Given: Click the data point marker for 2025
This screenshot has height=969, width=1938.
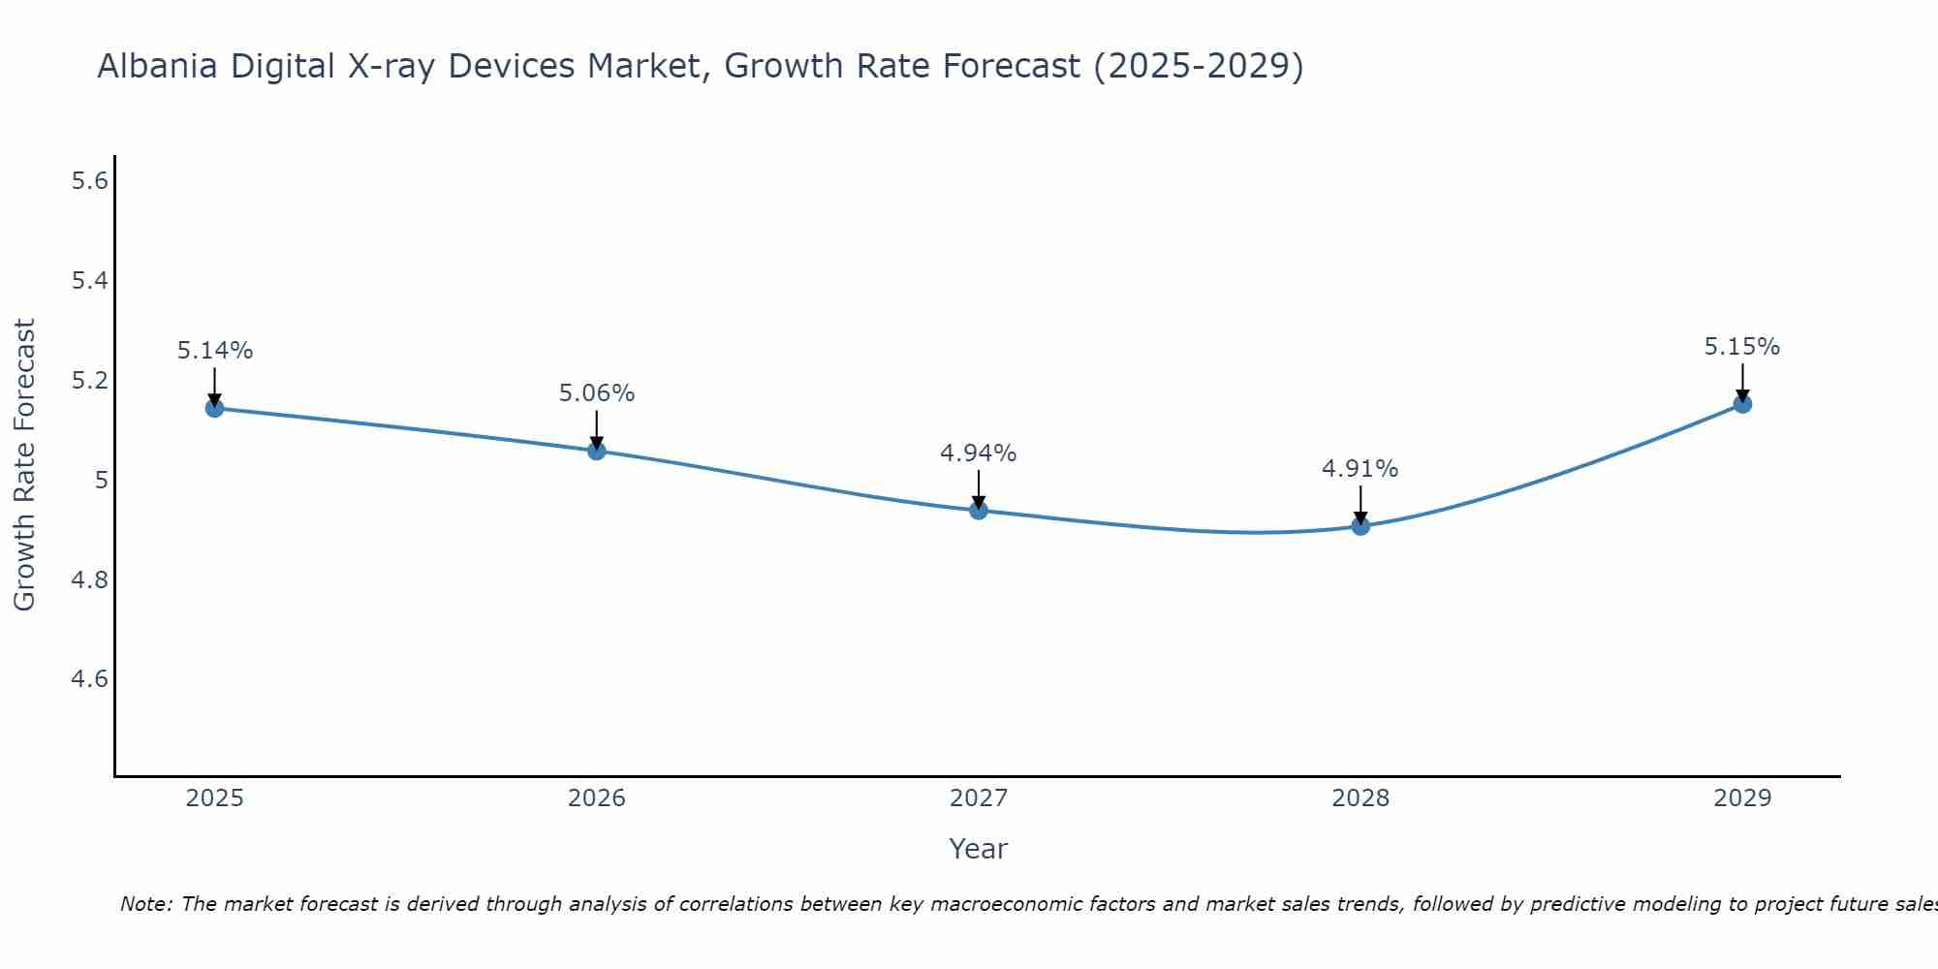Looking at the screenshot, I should tap(214, 408).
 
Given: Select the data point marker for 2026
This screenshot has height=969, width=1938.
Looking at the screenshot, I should tap(596, 451).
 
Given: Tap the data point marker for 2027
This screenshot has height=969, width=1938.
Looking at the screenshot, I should tap(979, 510).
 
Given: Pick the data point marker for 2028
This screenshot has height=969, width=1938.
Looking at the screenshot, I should tap(1360, 526).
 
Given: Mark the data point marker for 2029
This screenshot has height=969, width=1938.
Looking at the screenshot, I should tap(1742, 404).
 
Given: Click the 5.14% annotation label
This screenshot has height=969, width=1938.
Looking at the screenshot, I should tap(214, 351).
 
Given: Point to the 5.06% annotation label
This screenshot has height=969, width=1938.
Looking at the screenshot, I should tap(596, 393).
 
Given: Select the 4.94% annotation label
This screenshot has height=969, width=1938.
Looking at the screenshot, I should tap(979, 453).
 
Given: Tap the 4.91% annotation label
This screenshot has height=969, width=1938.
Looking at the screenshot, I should tap(1360, 469).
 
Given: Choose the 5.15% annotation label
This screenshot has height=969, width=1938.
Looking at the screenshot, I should tap(1742, 347).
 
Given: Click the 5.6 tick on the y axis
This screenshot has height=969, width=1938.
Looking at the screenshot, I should tap(89, 181).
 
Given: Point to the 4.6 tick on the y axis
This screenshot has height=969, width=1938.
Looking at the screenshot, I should tap(89, 678).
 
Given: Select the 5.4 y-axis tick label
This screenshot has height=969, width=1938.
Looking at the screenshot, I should tap(89, 281).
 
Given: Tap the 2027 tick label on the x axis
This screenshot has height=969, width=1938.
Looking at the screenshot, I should tap(979, 798).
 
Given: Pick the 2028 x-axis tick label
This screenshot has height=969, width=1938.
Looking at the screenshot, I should tap(1360, 798).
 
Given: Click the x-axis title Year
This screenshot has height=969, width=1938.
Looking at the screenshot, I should tap(979, 849).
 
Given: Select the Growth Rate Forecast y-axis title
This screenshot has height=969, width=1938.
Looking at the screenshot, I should tap(24, 465).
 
